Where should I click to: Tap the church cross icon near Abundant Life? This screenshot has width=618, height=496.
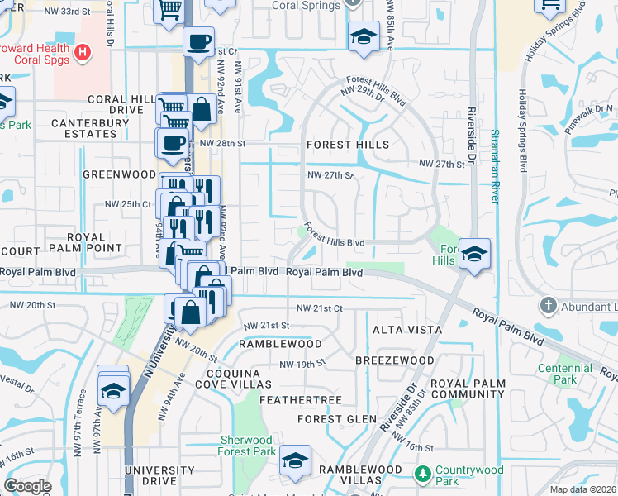pyautogui.click(x=547, y=306)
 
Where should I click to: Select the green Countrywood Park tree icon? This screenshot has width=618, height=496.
pyautogui.click(x=423, y=474)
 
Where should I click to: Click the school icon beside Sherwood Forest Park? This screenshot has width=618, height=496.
pyautogui.click(x=295, y=461)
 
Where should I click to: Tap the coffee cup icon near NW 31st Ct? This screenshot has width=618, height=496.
pyautogui.click(x=197, y=41)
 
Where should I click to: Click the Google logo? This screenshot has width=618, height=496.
pyautogui.click(x=27, y=486)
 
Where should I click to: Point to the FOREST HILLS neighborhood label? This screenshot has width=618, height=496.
pyautogui.click(x=347, y=144)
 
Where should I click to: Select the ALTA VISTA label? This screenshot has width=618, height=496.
pyautogui.click(x=406, y=329)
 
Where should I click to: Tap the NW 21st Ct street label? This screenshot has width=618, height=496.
pyautogui.click(x=319, y=308)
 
